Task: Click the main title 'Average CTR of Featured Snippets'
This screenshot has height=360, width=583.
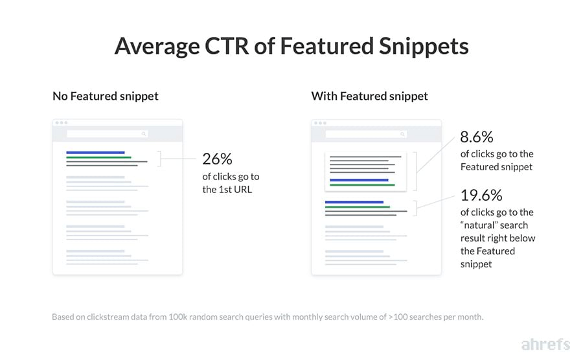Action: click(x=291, y=47)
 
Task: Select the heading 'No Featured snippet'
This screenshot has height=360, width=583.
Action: click(x=106, y=96)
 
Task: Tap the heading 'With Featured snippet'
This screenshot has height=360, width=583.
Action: click(x=369, y=96)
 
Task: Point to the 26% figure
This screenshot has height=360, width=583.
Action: click(x=216, y=159)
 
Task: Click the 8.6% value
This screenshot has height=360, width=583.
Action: click(x=477, y=137)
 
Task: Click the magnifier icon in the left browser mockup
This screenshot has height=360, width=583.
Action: click(x=144, y=134)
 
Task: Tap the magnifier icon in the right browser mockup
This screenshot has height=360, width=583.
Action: click(x=402, y=134)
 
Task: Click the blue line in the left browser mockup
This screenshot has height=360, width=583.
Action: click(x=95, y=153)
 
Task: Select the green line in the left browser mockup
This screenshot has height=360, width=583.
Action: click(x=98, y=157)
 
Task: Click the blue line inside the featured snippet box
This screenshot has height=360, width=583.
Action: click(x=359, y=180)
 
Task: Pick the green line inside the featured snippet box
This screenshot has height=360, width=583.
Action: click(x=362, y=185)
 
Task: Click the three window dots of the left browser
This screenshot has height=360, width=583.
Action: click(x=61, y=123)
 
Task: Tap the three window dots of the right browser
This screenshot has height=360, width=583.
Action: click(x=319, y=123)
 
